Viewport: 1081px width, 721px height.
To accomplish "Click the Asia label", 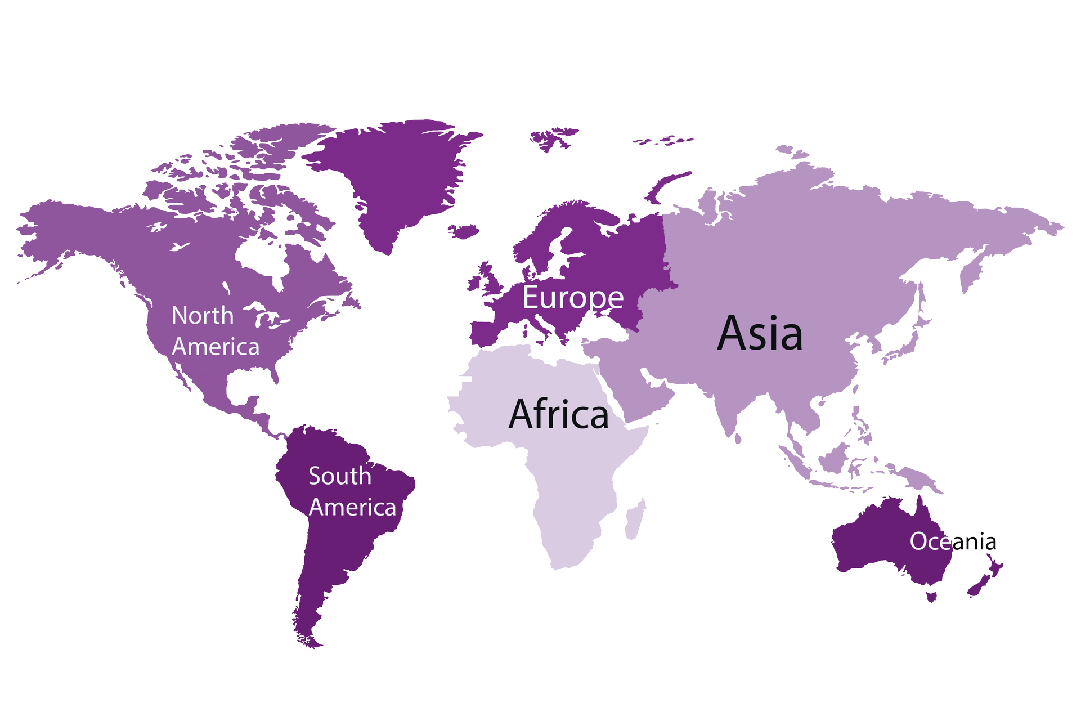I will [x=760, y=333].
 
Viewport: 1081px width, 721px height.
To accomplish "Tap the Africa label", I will [x=558, y=414].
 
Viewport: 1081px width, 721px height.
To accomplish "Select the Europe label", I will [x=573, y=297].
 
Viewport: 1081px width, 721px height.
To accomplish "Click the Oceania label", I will [x=953, y=541].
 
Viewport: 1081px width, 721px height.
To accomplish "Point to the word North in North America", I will [x=203, y=316].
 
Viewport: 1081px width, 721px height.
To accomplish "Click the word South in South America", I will [x=340, y=476].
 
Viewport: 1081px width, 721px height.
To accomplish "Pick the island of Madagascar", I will [x=635, y=519].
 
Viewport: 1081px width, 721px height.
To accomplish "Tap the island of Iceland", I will [x=464, y=231].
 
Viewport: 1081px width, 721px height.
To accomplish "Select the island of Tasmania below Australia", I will [x=931, y=595].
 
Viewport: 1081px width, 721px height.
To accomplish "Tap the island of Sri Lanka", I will [x=738, y=437].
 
